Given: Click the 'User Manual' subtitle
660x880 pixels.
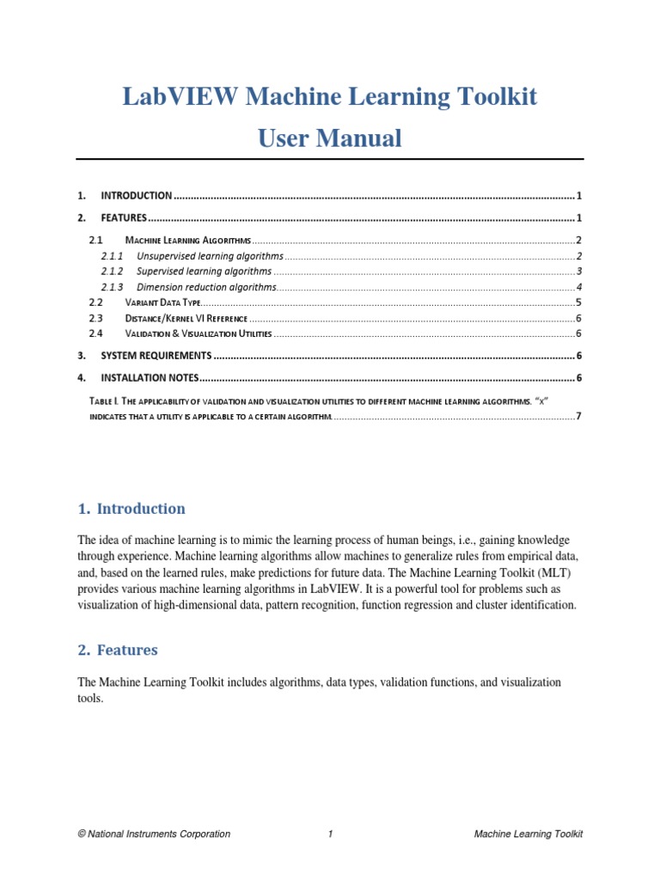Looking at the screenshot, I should (330, 138).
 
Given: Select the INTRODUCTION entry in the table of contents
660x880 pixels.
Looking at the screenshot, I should (137, 196).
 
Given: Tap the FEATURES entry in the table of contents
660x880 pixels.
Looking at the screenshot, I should (124, 218).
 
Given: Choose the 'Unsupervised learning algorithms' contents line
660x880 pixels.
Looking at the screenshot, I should (210, 256).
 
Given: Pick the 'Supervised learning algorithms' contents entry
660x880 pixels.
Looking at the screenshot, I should (205, 272).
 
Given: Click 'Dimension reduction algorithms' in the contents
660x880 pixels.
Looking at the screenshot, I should (207, 287).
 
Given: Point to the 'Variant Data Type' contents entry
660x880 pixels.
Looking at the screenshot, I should (163, 302).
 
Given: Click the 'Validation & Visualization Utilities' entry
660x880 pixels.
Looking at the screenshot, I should (198, 333).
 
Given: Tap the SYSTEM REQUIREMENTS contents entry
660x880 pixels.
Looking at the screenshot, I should (156, 356).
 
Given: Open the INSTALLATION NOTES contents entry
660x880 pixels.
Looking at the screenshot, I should (150, 378).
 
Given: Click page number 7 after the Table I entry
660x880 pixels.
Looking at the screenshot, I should (579, 417).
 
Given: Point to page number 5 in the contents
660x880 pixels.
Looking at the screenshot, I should (579, 302).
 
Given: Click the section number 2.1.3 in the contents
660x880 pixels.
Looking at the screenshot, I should (112, 287).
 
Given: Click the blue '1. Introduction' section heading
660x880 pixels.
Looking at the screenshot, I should (131, 509).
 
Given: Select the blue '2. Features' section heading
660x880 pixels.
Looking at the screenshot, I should (118, 651).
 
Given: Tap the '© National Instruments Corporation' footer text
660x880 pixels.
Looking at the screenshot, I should (154, 834).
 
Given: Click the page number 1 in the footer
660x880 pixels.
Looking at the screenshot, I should (330, 834).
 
